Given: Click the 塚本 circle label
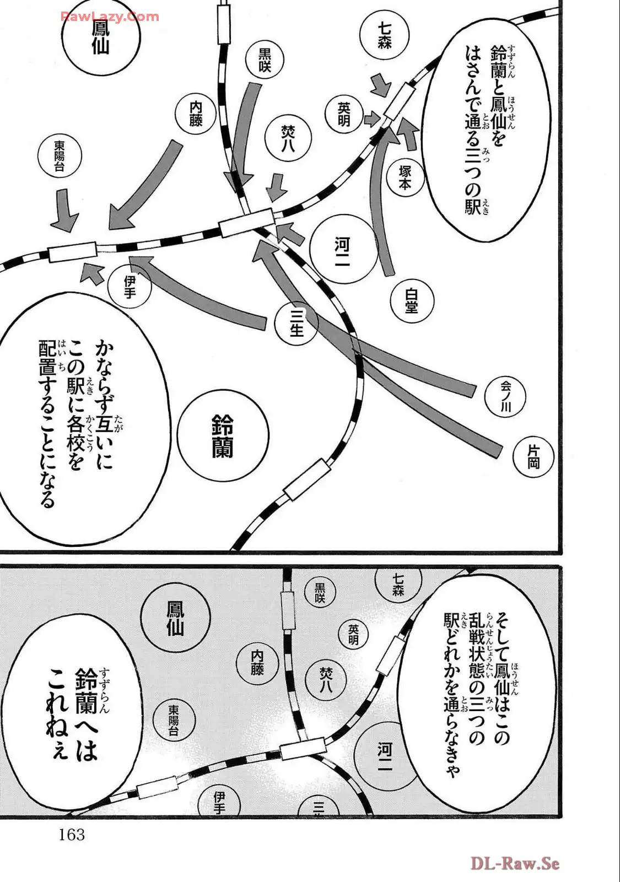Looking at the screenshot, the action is [405, 178].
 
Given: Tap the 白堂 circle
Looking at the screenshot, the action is [412, 301].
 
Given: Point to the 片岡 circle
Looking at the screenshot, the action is [533, 457].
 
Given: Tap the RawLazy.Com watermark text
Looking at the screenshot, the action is [110, 17].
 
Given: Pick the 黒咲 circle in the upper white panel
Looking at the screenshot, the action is [265, 60].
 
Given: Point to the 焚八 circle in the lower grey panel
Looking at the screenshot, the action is [326, 679].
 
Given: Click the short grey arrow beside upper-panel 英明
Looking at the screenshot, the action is [372, 120].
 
